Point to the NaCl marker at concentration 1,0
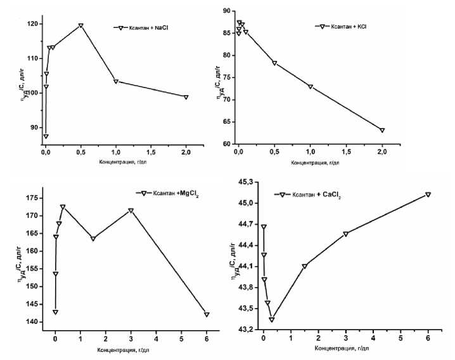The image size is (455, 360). tap(116, 81)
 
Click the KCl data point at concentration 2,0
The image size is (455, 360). tap(382, 131)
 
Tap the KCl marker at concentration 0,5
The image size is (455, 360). tap(274, 63)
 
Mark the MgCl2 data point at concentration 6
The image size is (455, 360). tap(207, 314)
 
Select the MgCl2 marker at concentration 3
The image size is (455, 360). tap(131, 210)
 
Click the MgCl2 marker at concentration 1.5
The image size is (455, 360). tap(93, 238)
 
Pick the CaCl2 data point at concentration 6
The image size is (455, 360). tap(428, 195)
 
